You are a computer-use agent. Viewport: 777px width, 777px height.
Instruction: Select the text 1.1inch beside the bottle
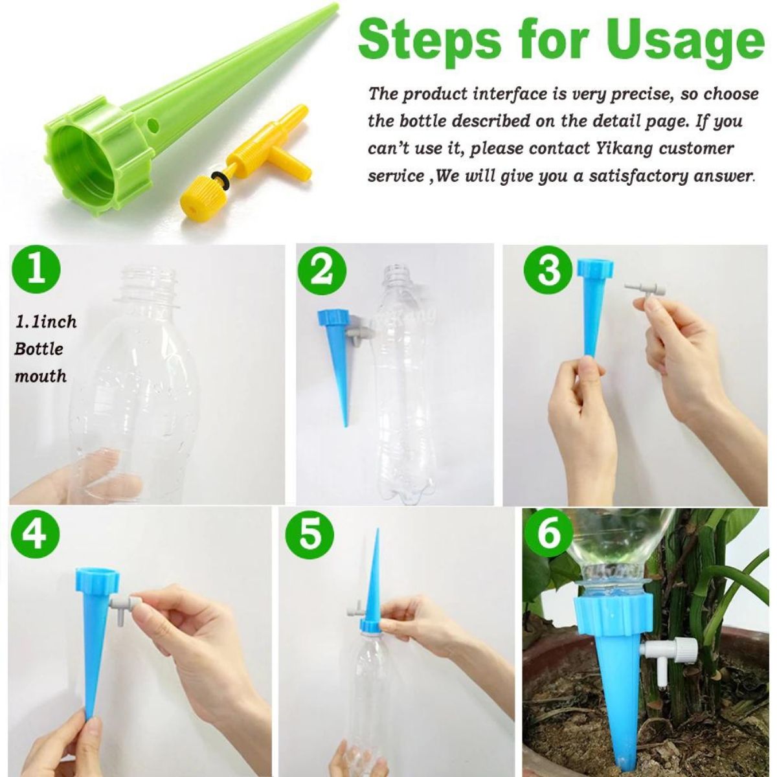46,321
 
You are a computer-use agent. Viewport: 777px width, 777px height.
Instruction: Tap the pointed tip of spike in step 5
377,533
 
